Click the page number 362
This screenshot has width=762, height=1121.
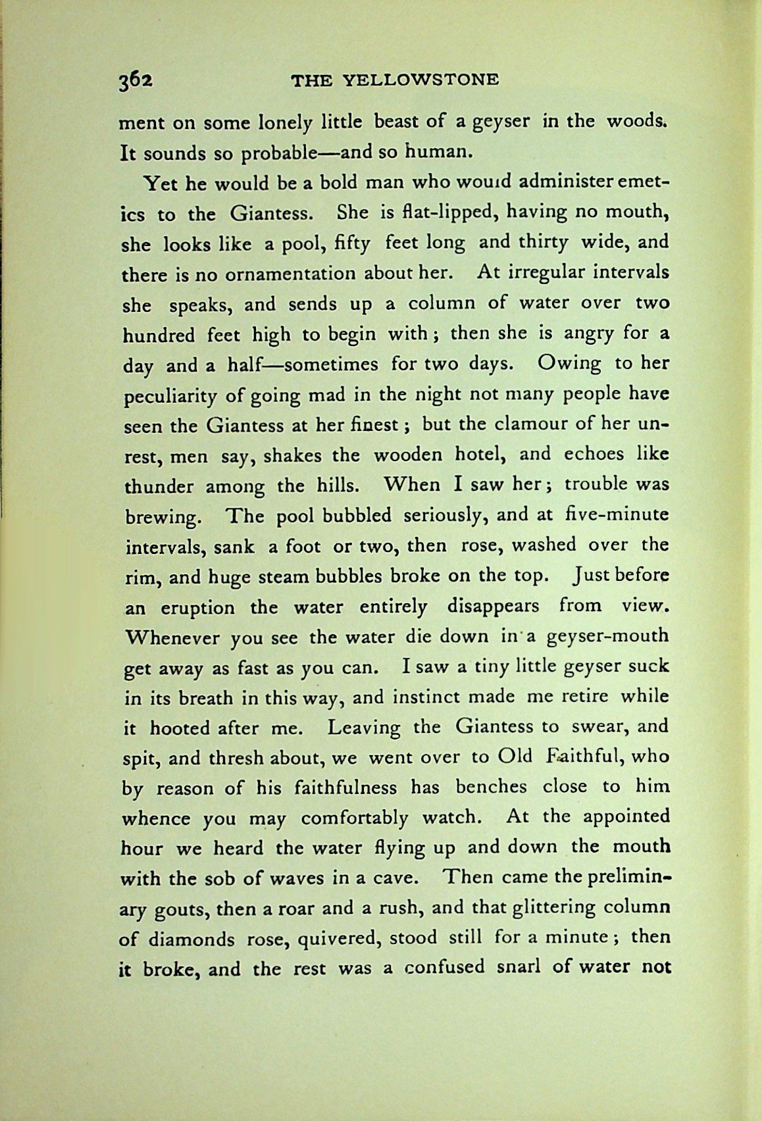[x=136, y=81]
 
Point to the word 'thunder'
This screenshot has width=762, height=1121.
[x=159, y=487]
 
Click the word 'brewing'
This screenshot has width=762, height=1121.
[x=161, y=517]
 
